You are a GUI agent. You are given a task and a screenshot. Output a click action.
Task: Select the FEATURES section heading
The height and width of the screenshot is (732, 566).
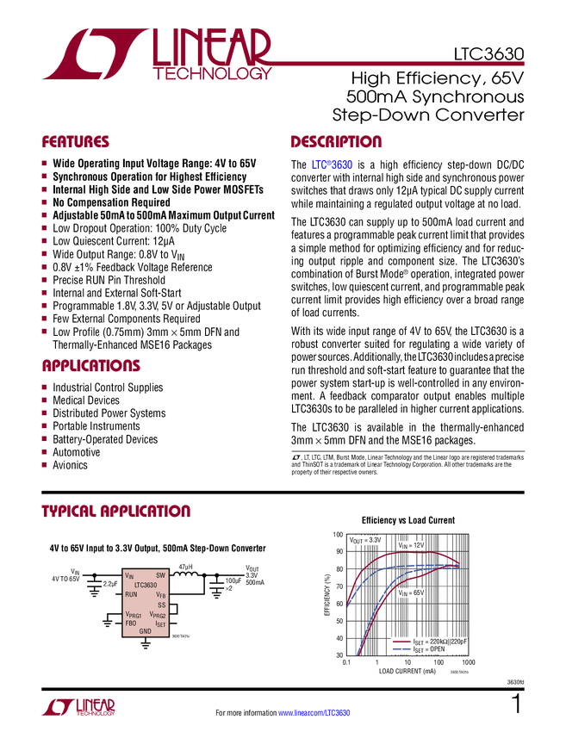[76, 142]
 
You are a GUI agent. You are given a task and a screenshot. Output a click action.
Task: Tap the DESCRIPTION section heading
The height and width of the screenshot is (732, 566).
[337, 142]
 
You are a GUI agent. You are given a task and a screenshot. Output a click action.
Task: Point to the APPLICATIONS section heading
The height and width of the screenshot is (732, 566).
[91, 366]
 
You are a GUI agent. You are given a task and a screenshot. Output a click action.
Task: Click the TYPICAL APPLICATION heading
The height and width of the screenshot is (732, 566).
[115, 511]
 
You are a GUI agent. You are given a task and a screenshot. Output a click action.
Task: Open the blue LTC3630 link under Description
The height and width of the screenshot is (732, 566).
[332, 164]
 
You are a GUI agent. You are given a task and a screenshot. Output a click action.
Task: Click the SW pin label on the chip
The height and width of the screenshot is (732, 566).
[160, 575]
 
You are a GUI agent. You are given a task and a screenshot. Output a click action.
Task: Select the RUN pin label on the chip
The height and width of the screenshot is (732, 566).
[131, 594]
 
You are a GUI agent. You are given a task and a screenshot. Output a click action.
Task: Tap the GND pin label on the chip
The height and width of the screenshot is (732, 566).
[146, 631]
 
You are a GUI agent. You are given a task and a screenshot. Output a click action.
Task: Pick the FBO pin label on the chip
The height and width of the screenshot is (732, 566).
[131, 623]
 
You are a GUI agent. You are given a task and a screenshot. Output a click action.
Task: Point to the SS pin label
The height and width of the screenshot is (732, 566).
[161, 605]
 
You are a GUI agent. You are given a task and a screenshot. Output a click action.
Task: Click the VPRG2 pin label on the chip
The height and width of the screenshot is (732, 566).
[158, 615]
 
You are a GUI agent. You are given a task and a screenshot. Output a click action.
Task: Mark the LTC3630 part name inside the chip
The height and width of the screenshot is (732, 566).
[146, 585]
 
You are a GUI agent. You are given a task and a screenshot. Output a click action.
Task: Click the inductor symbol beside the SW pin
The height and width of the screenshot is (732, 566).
[186, 575]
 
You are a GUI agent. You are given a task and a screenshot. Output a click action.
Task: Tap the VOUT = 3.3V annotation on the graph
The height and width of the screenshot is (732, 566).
[364, 540]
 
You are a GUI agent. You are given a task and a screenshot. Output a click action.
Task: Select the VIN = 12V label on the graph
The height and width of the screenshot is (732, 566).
[412, 546]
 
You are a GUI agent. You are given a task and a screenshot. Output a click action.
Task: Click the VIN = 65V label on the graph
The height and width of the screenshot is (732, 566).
[412, 593]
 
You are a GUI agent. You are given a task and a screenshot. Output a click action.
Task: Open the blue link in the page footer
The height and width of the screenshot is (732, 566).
[315, 713]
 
